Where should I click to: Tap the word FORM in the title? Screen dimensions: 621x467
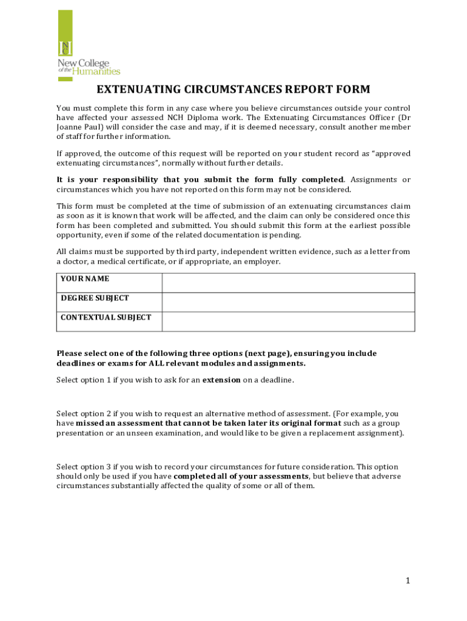click(351, 90)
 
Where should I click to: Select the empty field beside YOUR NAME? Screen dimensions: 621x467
click(288, 283)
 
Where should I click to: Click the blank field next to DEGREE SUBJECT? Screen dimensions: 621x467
click(288, 303)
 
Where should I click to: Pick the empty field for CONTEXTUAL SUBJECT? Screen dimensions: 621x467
click(288, 321)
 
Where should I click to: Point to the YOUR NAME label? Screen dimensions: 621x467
click(84, 279)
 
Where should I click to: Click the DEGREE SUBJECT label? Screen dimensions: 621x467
click(95, 298)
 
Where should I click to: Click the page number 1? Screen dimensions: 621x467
click(408, 581)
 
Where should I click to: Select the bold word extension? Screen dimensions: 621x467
click(221, 380)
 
